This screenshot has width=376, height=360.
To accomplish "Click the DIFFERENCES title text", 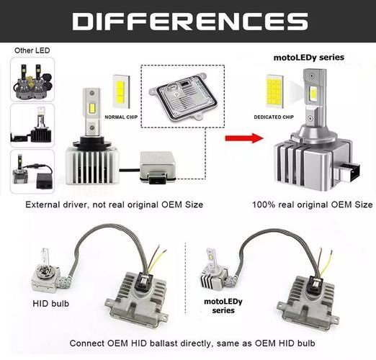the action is [190, 22].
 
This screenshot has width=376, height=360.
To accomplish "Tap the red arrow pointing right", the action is [244, 138].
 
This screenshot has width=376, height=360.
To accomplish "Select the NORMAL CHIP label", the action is [121, 117].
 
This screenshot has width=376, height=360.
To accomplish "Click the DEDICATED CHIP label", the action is [274, 117].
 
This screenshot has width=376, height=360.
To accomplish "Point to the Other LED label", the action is [32, 50].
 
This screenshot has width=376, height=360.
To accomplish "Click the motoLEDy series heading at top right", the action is [309, 58].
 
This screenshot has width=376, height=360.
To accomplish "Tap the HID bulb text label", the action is [50, 304].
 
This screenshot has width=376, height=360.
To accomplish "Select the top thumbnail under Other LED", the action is [32, 80].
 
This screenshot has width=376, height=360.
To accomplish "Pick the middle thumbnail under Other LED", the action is [32, 125].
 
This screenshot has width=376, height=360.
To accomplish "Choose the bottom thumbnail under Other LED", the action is [32, 171].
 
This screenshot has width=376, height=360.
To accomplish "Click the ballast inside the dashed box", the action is [183, 96].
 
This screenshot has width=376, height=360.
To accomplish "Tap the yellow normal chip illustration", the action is [121, 91].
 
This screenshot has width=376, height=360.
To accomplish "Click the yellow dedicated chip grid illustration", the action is [274, 91].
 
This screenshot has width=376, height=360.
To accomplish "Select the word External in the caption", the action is [42, 204].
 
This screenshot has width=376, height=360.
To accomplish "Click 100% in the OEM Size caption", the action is [264, 204].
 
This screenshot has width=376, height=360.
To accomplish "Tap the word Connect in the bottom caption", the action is [86, 343].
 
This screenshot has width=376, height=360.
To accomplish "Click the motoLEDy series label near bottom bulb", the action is [223, 306].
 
